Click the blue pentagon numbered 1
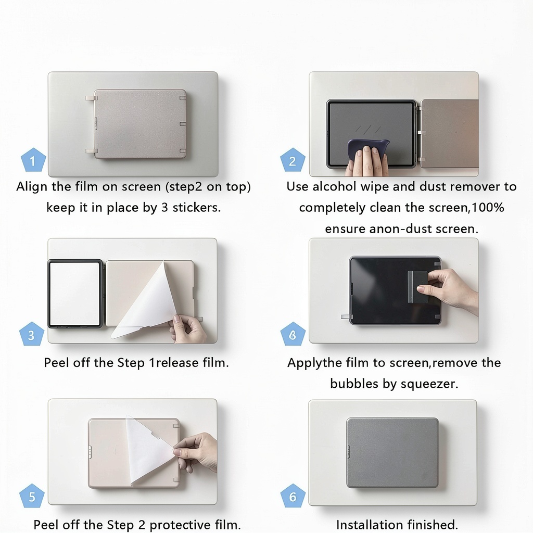[x=33, y=160]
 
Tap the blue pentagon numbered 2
[x=293, y=160]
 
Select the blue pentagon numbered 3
[x=32, y=334]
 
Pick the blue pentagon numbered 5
[x=32, y=496]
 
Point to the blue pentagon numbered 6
[x=293, y=496]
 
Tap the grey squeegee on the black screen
[x=417, y=287]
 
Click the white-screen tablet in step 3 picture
[x=75, y=294]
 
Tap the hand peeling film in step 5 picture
[x=196, y=452]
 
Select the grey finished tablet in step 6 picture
[x=392, y=453]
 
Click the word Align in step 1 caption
[x=32, y=187]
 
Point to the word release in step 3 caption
[x=177, y=363]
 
